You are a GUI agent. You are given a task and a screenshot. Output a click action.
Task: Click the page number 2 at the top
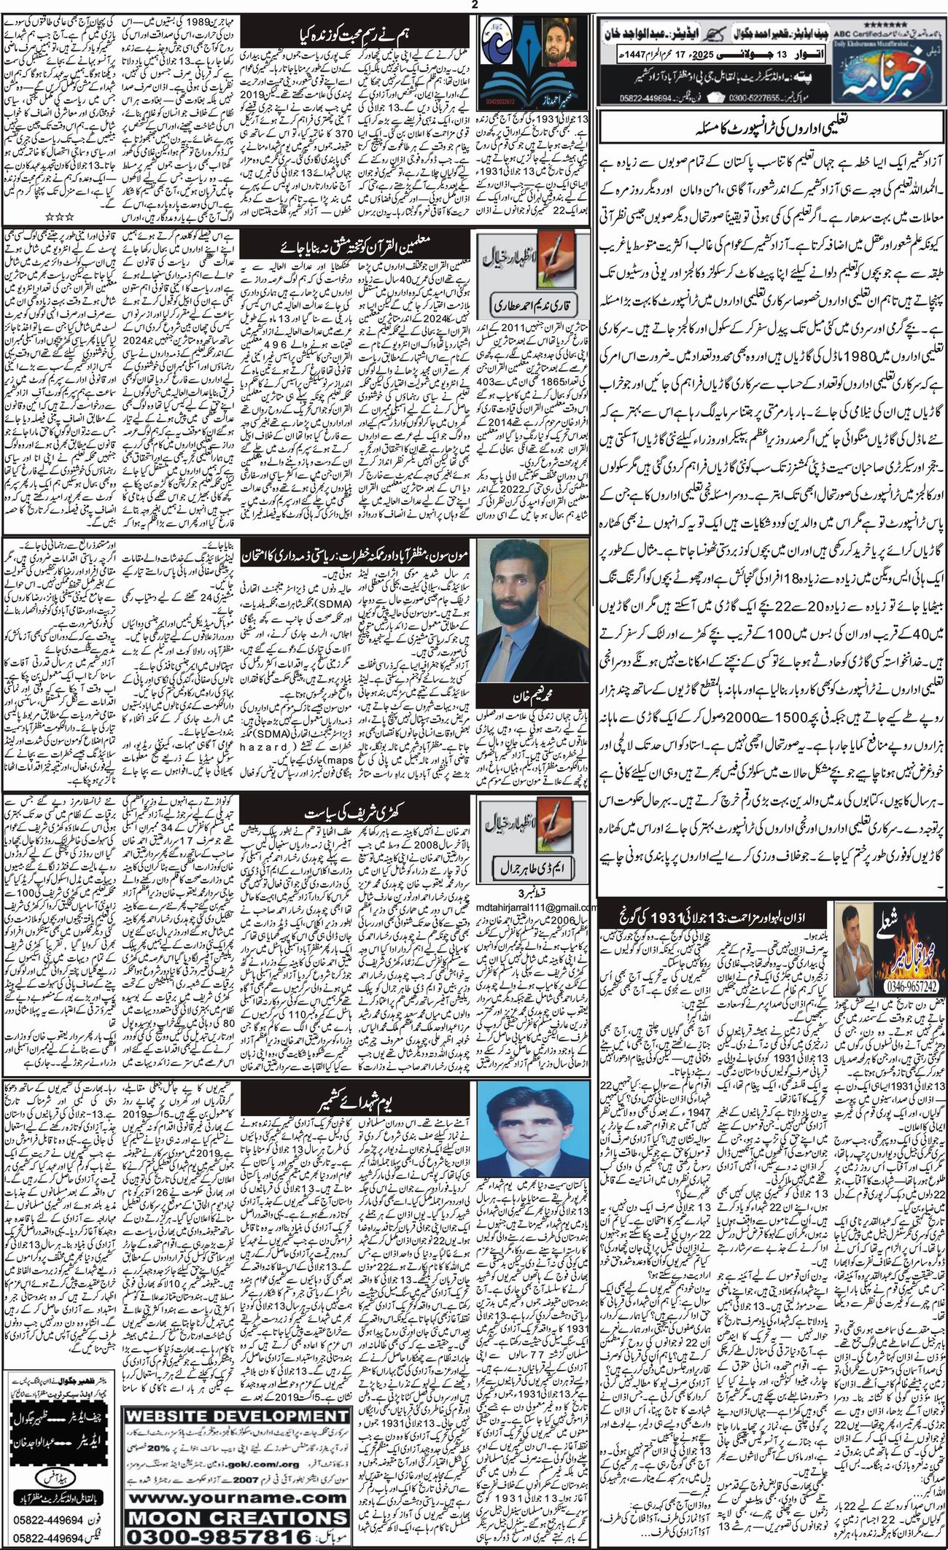(x=475, y=5)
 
